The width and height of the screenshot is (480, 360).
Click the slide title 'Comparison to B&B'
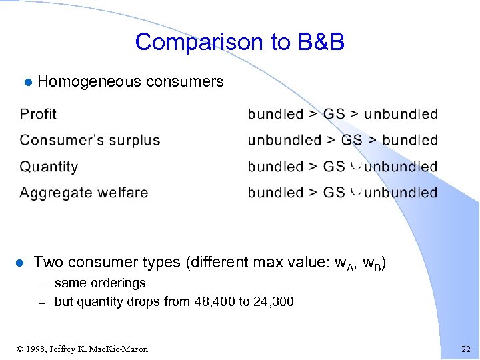click(239, 42)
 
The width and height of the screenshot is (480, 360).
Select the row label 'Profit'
click(38, 114)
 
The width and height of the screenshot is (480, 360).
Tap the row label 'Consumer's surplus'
click(90, 140)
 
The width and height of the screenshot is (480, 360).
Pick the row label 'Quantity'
click(49, 167)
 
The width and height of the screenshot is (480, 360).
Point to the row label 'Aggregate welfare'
click(84, 193)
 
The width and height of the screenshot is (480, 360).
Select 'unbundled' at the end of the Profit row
click(401, 114)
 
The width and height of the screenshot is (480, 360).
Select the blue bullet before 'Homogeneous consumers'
click(27, 83)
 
